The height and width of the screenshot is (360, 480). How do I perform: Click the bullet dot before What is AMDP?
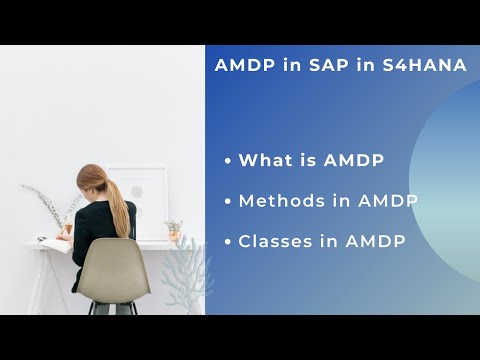pos(229,161)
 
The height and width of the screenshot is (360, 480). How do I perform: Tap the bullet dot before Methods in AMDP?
pos(229,202)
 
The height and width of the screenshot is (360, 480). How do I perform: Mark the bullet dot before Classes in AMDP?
pos(229,243)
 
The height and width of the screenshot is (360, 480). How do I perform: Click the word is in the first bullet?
pos(311,160)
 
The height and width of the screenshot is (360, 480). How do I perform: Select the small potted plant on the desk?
pos(174,230)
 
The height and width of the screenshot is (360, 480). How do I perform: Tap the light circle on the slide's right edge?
pos(450,180)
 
